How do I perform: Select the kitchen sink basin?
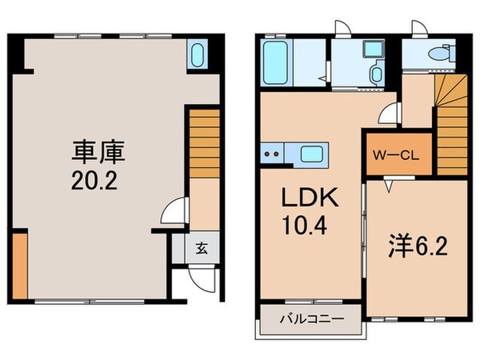pos(310,154)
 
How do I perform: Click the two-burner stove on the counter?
pos(272,154)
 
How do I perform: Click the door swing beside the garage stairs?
pos(172,214)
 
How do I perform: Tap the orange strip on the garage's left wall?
pos(20,264)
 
